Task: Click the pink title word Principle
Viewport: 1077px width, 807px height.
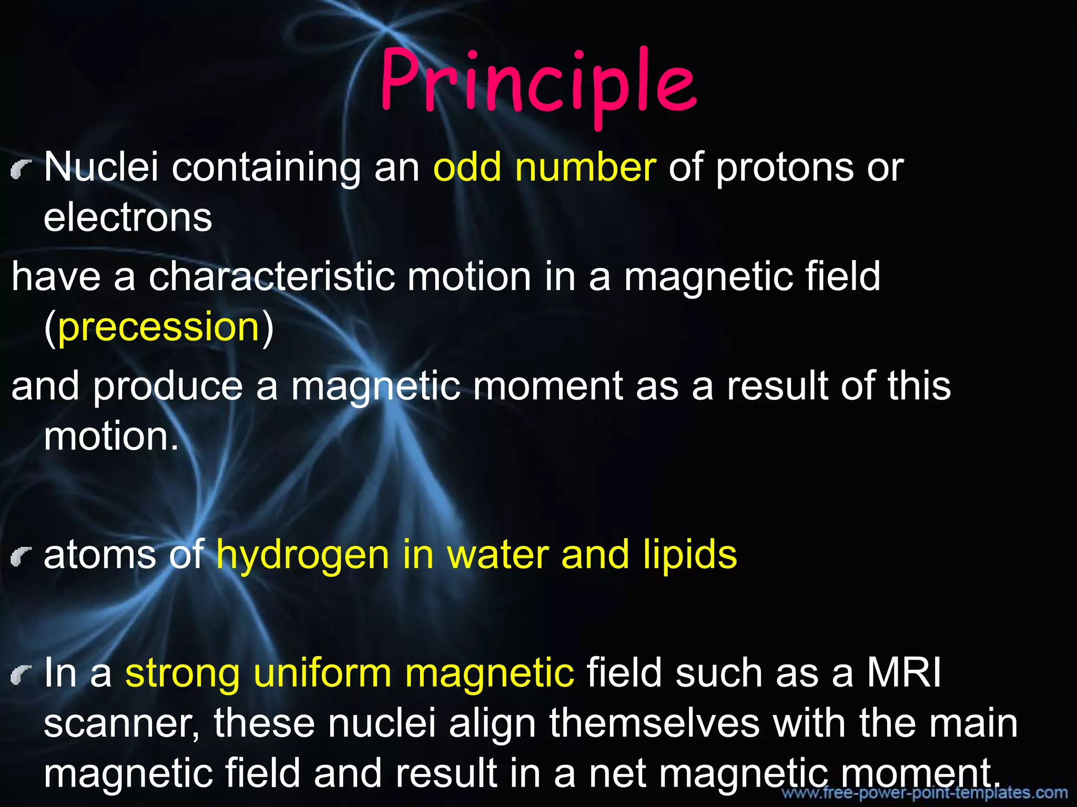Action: coord(538,84)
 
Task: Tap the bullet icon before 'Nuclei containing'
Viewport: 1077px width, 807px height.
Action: coord(19,170)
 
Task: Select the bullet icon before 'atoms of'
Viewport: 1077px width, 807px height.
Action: coord(19,557)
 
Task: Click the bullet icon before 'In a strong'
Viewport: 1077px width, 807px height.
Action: coord(19,676)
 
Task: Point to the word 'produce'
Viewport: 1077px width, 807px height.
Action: coord(168,387)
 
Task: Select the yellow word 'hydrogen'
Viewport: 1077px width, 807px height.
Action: coord(302,556)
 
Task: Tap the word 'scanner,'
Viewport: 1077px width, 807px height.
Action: coord(121,724)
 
